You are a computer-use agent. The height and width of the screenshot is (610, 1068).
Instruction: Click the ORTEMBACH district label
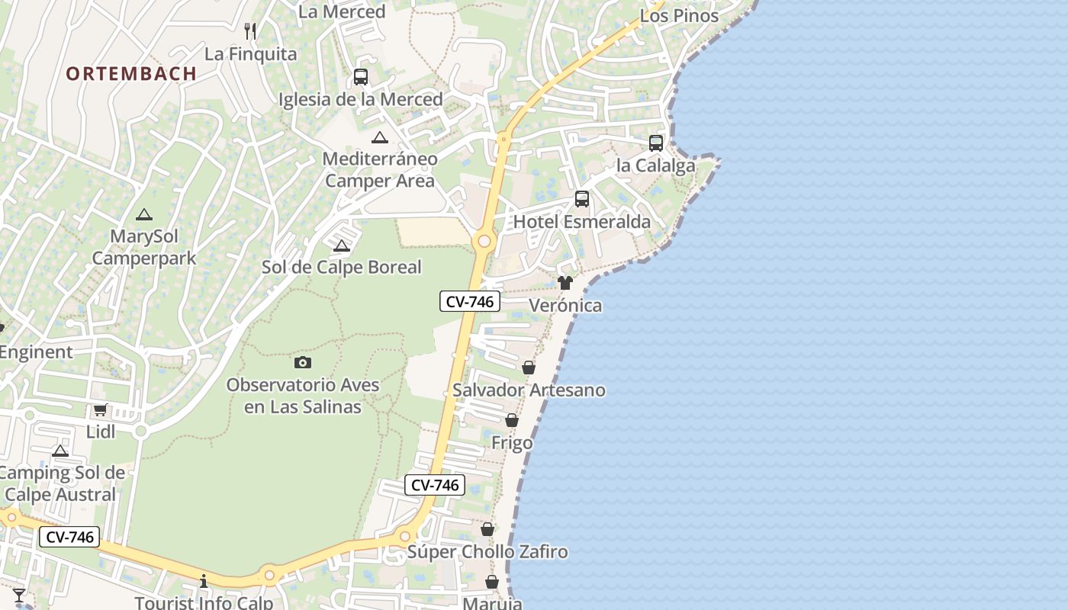point(131,74)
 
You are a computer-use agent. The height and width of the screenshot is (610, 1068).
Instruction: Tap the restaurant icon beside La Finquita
point(249,31)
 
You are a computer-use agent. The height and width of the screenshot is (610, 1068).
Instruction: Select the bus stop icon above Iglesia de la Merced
point(361,77)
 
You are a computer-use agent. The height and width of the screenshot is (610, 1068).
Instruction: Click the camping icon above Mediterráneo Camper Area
point(380,137)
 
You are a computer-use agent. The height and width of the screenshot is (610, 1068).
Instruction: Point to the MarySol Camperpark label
point(144,247)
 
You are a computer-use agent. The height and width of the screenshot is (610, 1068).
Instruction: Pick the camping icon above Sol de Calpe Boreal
point(341,246)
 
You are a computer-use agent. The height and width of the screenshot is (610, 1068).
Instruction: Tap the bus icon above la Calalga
point(656,143)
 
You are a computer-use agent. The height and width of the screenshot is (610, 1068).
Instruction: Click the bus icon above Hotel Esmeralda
point(582,199)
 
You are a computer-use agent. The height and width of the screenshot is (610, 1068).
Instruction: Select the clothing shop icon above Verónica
point(565,283)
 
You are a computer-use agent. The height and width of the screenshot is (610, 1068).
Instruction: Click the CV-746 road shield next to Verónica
point(470,302)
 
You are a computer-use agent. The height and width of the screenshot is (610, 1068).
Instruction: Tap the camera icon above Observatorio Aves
point(303,362)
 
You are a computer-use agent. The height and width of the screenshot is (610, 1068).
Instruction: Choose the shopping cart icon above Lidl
point(100,410)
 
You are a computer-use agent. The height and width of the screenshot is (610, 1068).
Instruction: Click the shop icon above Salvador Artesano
point(529,368)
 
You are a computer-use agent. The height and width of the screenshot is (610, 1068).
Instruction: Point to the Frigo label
point(512,443)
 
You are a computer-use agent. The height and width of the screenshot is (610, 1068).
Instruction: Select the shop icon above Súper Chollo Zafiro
point(487,529)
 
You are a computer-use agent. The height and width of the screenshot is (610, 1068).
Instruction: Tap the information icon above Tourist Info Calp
point(204,581)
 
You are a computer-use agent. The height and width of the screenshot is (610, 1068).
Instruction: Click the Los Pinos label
point(679,16)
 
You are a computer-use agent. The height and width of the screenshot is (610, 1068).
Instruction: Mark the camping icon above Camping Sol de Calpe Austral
point(60,451)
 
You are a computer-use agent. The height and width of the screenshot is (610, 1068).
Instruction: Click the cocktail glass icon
point(19,595)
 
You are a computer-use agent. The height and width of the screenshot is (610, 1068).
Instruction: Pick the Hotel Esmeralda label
point(582,222)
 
